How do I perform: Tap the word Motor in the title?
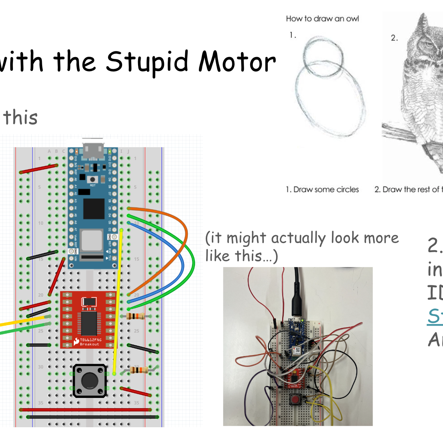(x=237, y=62)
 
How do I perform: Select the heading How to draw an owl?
(x=322, y=19)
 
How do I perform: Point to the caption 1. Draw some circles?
(x=322, y=189)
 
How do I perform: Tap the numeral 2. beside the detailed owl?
(x=394, y=38)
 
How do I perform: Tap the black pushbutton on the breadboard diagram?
(x=90, y=380)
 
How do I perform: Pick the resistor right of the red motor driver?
(x=136, y=316)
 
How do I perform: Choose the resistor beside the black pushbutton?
(x=139, y=369)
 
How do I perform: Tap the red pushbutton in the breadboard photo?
(x=295, y=399)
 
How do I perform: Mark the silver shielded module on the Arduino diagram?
(x=92, y=240)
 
